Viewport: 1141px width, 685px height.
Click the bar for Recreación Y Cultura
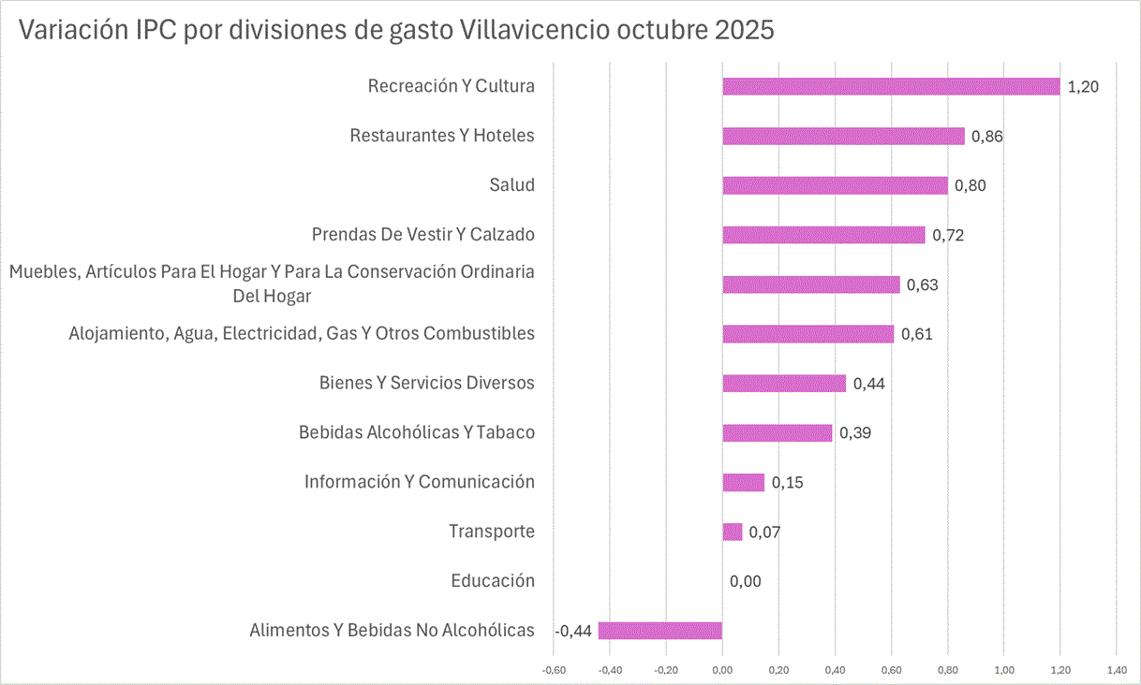point(890,86)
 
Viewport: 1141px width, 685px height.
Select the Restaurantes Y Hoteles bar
point(843,136)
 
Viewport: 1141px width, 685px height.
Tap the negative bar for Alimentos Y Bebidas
point(660,631)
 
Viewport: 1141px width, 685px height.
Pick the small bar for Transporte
point(733,532)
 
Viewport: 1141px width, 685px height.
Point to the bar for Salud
point(835,185)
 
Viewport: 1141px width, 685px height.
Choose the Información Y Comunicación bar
point(744,482)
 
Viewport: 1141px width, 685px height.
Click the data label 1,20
point(1083,87)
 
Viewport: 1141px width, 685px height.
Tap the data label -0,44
point(573,632)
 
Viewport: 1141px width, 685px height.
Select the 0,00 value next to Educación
point(746,582)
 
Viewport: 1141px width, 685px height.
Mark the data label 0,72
point(948,235)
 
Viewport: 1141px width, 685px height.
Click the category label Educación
point(493,581)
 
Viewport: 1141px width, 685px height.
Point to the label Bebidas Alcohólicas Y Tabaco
point(417,432)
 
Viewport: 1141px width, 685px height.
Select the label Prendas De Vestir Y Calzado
point(423,234)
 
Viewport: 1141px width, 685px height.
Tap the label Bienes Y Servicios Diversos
point(427,383)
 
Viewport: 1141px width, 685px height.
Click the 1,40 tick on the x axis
point(1117,670)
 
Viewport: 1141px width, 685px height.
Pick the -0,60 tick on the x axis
point(554,670)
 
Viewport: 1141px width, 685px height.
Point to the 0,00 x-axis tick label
point(722,670)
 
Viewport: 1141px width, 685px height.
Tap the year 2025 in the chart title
point(745,30)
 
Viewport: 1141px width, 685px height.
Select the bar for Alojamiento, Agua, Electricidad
point(808,334)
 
